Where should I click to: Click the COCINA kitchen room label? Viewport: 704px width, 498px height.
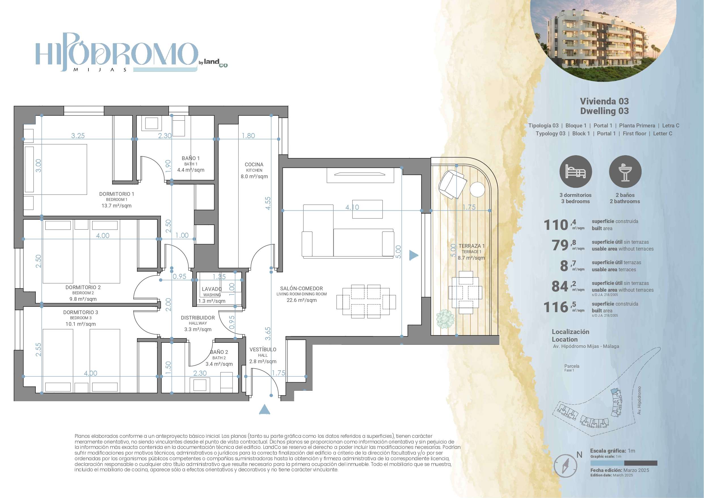pyautogui.click(x=254, y=165)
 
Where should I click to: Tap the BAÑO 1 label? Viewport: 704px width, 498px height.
pyautogui.click(x=190, y=158)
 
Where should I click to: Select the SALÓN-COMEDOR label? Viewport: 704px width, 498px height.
pyautogui.click(x=302, y=288)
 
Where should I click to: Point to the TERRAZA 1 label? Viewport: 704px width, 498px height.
pyautogui.click(x=472, y=246)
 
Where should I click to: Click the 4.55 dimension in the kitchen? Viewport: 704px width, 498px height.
pyautogui.click(x=268, y=203)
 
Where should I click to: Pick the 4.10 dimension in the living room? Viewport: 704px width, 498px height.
pyautogui.click(x=352, y=207)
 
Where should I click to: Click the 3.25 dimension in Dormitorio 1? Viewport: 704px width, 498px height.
pyautogui.click(x=78, y=136)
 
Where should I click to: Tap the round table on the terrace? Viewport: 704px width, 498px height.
pyautogui.click(x=477, y=189)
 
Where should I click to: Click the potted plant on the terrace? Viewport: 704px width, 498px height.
pyautogui.click(x=445, y=319)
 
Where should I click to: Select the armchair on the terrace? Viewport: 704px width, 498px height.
pyautogui.click(x=452, y=184)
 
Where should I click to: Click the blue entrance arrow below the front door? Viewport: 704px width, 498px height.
pyautogui.click(x=264, y=410)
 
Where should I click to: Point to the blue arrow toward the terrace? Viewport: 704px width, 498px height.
pyautogui.click(x=414, y=255)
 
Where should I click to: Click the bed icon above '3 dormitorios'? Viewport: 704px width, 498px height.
pyautogui.click(x=576, y=171)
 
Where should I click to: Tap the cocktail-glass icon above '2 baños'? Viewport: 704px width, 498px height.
pyautogui.click(x=625, y=171)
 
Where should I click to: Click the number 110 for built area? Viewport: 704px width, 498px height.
pyautogui.click(x=556, y=225)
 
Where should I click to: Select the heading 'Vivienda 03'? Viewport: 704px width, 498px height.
pyautogui.click(x=604, y=101)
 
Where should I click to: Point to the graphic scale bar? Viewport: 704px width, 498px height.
pyautogui.click(x=624, y=463)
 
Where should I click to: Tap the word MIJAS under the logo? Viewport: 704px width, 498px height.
pyautogui.click(x=100, y=70)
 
